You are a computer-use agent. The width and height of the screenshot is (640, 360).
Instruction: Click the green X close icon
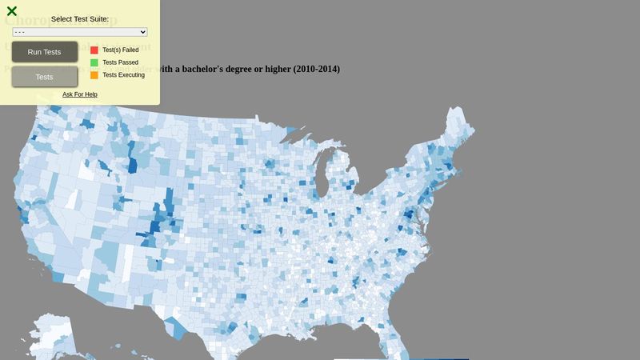pyautogui.click(x=12, y=11)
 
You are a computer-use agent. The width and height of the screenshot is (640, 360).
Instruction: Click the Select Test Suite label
pyautogui.click(x=80, y=19)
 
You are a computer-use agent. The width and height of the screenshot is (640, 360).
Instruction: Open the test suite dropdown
pyautogui.click(x=80, y=32)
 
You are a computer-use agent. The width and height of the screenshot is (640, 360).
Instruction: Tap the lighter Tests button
pyautogui.click(x=45, y=77)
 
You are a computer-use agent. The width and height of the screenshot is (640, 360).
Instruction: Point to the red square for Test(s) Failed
pyautogui.click(x=94, y=50)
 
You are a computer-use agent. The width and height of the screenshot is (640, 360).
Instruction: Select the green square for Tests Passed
pyautogui.click(x=94, y=62)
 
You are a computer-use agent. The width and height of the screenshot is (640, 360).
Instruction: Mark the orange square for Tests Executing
pyautogui.click(x=94, y=75)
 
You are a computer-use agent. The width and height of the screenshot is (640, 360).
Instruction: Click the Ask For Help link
pyautogui.click(x=80, y=94)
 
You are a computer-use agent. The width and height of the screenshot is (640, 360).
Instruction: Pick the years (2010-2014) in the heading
pyautogui.click(x=317, y=70)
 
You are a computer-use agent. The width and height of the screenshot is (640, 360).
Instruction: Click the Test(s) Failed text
pyautogui.click(x=121, y=50)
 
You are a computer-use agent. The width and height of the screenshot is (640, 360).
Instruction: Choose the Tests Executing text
pyautogui.click(x=124, y=75)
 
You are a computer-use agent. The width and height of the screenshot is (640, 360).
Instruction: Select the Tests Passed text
pyautogui.click(x=121, y=62)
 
